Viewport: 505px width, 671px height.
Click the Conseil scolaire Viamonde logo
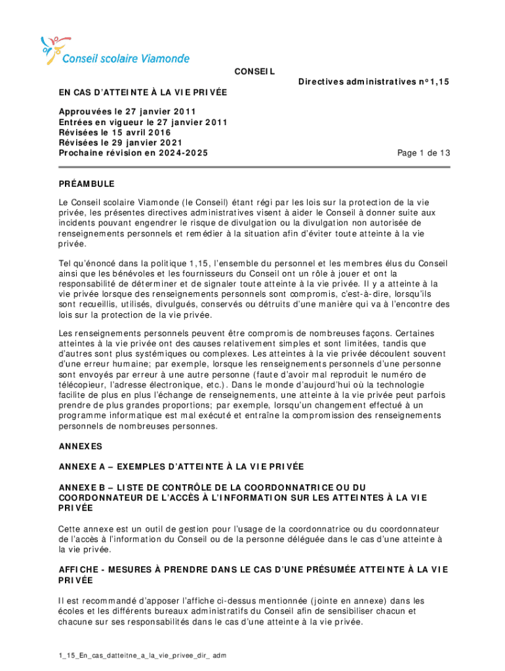[115, 51]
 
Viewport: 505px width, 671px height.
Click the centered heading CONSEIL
[254, 71]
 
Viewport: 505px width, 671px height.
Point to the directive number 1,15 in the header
[439, 82]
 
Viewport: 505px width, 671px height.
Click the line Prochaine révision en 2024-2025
[136, 153]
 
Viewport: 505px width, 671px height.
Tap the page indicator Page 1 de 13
[424, 153]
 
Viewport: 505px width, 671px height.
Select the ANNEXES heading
[80, 446]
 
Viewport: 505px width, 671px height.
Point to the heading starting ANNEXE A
[180, 467]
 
